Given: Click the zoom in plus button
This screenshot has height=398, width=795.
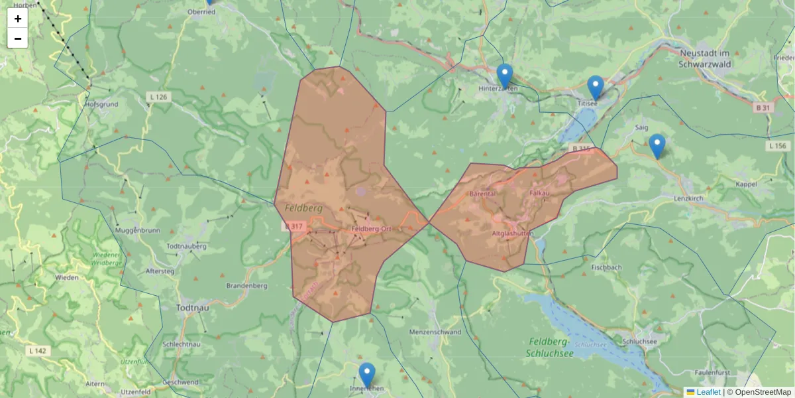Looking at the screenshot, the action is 18,19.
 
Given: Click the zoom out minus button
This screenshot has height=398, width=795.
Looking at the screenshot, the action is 18,38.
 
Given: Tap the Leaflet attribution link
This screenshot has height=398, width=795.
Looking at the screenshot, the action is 708,392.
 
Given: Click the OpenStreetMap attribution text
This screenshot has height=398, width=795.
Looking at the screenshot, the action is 763,392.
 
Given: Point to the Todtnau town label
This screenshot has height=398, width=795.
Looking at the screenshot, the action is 194,308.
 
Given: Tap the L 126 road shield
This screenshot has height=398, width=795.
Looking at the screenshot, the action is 158,98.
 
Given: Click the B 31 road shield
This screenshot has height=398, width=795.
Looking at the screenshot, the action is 764,107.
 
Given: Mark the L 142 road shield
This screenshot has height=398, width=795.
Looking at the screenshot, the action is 38,350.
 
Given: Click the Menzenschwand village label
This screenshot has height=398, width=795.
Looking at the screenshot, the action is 435,332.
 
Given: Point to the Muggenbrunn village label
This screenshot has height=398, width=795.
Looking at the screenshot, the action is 138,230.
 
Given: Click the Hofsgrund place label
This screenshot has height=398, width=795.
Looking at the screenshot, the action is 101,104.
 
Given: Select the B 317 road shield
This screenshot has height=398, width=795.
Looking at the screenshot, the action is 295,227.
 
